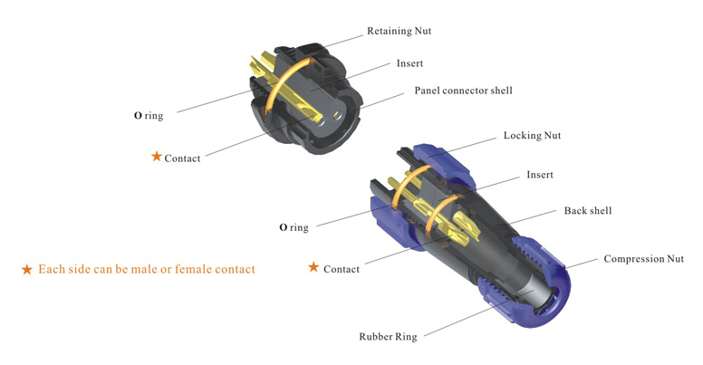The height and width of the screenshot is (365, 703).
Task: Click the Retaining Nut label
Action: tap(399, 31)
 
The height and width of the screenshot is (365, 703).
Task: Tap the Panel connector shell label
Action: tap(463, 91)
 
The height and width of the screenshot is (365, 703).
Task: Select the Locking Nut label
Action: tap(532, 136)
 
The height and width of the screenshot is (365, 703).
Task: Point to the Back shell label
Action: tap(588, 210)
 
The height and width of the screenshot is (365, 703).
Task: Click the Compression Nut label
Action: tap(644, 259)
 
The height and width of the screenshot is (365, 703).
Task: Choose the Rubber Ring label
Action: tap(388, 336)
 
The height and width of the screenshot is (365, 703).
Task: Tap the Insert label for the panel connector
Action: tap(409, 63)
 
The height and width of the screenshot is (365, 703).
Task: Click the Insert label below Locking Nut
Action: tap(540, 175)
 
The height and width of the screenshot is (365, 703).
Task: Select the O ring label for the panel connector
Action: tap(149, 116)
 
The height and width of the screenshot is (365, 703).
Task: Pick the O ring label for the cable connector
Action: tap(294, 227)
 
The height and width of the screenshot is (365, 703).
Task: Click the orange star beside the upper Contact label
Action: tap(157, 157)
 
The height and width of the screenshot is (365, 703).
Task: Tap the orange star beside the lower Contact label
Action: tap(313, 267)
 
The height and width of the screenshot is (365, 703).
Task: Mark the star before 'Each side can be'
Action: tap(27, 270)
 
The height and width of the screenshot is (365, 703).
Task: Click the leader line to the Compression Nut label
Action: tap(581, 264)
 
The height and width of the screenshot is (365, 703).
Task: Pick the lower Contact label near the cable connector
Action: tap(342, 269)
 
